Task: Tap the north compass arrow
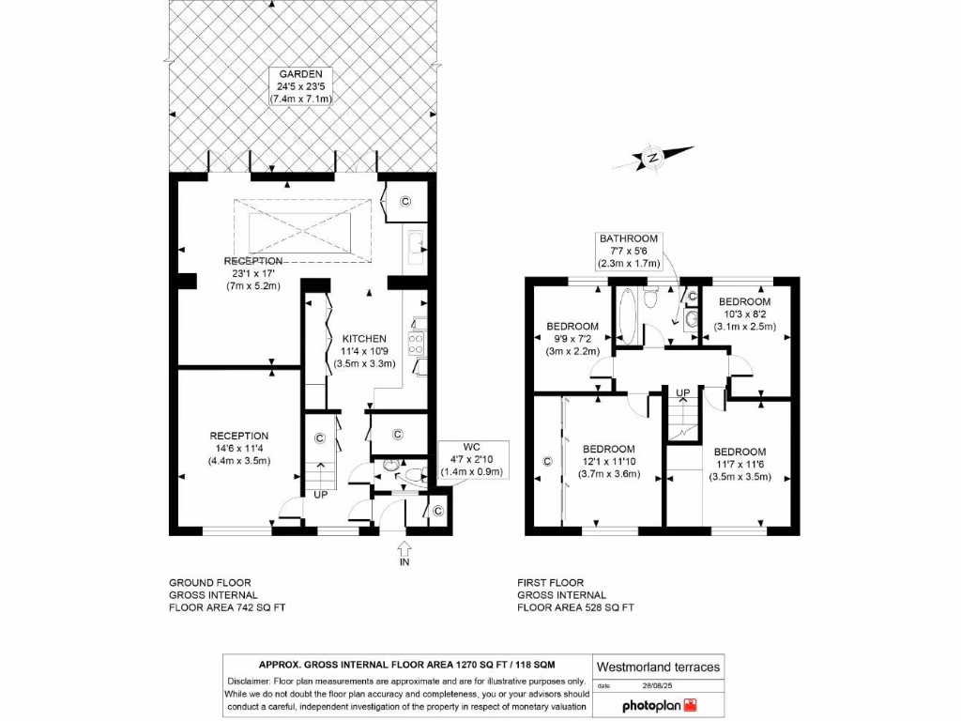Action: click(653, 158)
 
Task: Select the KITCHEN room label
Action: click(363, 350)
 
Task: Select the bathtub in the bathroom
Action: click(628, 315)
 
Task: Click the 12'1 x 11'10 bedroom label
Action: click(608, 461)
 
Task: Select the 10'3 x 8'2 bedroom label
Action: click(744, 314)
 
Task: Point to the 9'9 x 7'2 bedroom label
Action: click(572, 339)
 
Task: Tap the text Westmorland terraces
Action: click(659, 667)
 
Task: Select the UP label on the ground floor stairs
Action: click(319, 493)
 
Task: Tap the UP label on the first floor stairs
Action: click(683, 392)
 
